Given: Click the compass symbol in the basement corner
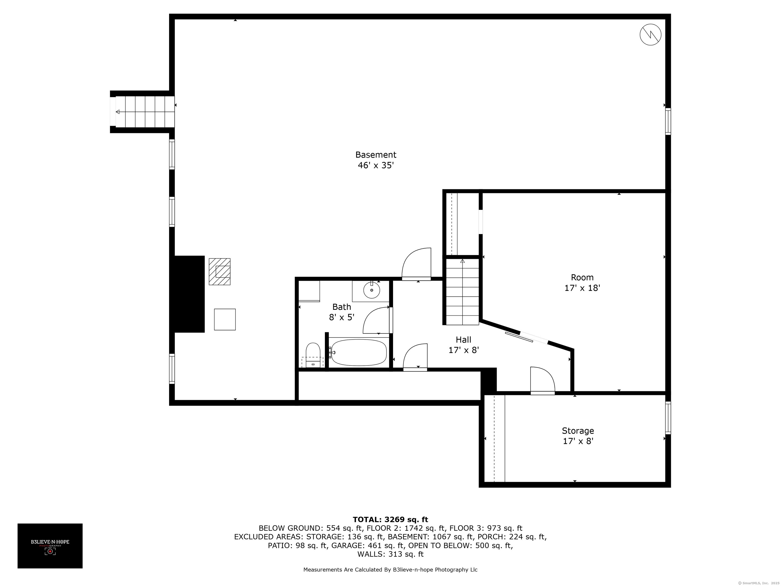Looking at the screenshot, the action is coord(650,35).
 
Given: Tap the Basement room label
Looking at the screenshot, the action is coord(376,155).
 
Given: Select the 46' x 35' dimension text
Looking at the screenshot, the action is coord(376,165).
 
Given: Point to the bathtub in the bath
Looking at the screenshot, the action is coord(359,352).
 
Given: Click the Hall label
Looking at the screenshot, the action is coord(463,340).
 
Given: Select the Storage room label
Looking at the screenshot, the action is coord(578,431).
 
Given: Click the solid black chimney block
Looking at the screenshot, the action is coord(187,294).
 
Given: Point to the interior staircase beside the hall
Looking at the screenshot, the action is coord(462,291).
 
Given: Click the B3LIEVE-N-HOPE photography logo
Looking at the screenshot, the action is coord(50,546).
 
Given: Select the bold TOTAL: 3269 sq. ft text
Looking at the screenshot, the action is coord(390,520).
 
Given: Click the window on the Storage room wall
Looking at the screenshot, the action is coord(668,418).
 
